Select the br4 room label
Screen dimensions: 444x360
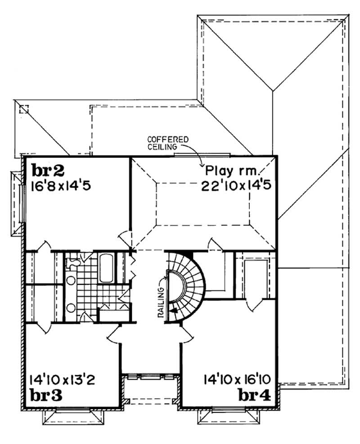coord(254,395)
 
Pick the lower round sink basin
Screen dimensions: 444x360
coord(71,308)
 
